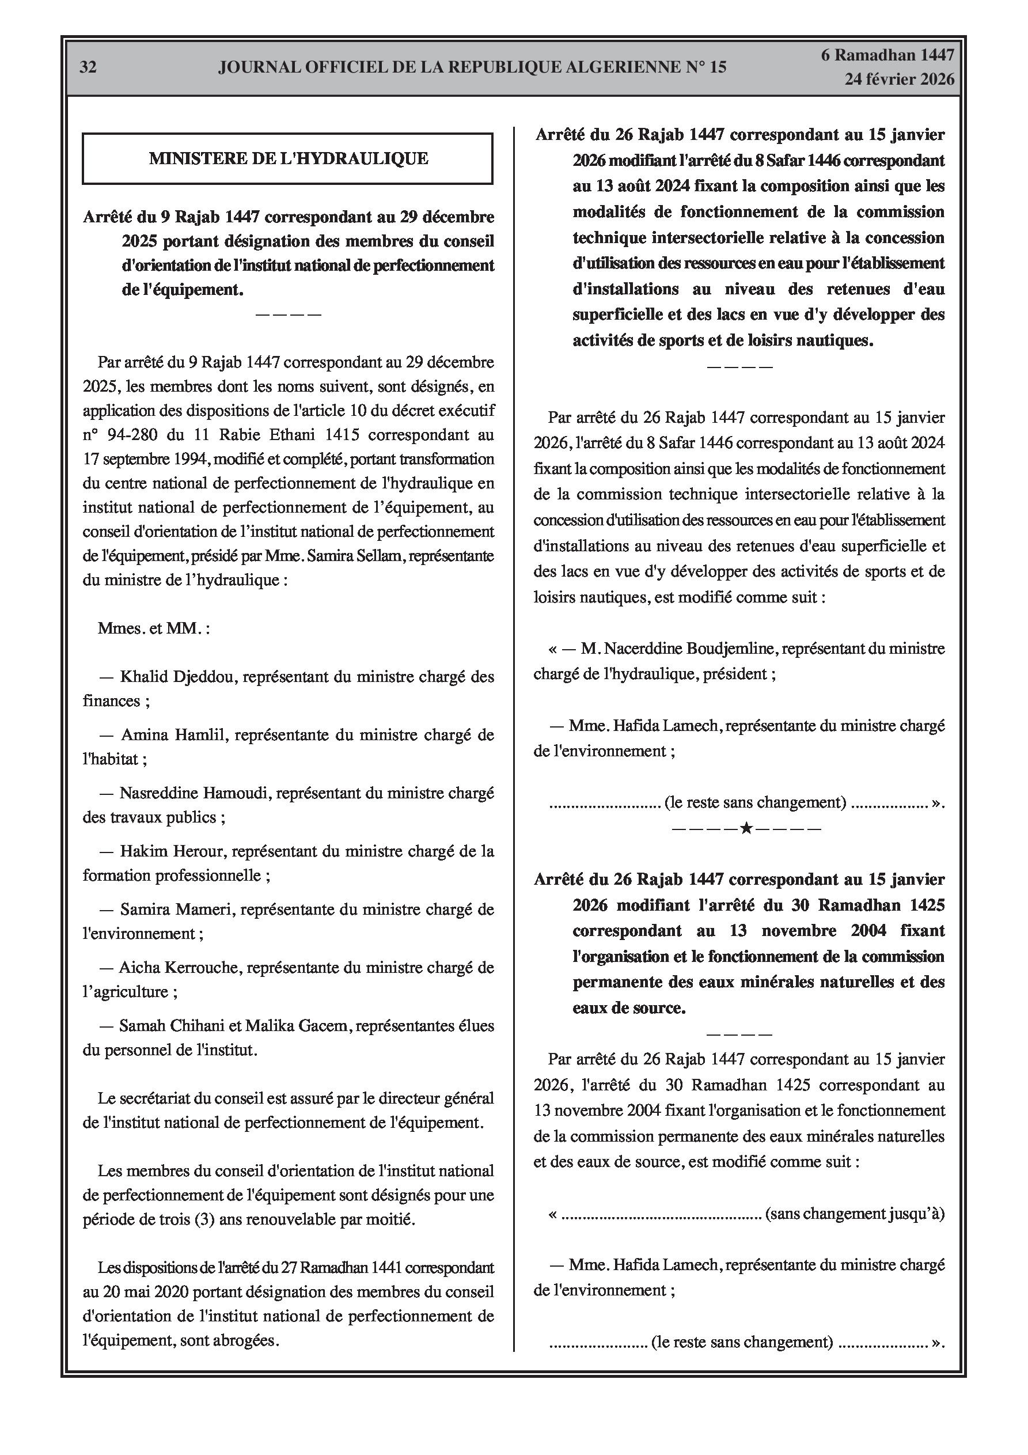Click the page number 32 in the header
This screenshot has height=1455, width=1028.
pyautogui.click(x=88, y=67)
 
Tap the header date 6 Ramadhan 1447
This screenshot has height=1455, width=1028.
pyautogui.click(x=887, y=55)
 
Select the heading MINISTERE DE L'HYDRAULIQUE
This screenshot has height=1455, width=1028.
pyautogui.click(x=289, y=158)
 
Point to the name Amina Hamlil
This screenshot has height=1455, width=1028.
pyautogui.click(x=169, y=735)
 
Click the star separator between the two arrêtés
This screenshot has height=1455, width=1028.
pyautogui.click(x=746, y=828)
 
